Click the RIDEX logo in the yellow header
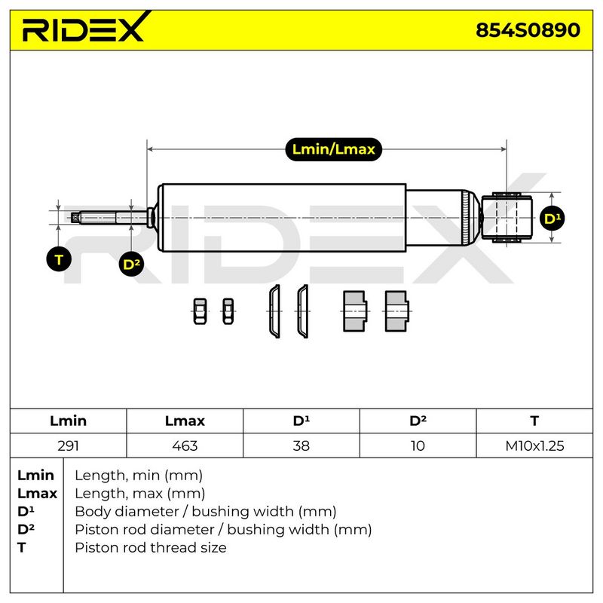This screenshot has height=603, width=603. point(87,27)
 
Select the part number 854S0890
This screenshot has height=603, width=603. point(528,30)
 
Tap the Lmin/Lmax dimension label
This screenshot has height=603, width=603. point(333,149)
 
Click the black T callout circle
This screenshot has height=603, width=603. point(59,259)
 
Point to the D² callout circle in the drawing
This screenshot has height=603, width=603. point(131,264)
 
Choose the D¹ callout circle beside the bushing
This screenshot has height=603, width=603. point(552,218)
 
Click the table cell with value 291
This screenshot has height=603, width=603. point(68,445)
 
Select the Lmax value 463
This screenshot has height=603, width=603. point(185,445)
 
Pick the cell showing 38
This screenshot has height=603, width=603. point(301,445)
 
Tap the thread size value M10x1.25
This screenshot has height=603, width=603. point(534,445)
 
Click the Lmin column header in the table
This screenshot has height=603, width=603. point(68,421)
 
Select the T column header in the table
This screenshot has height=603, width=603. point(534,421)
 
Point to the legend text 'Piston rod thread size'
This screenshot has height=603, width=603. point(150,548)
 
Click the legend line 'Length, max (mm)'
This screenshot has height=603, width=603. point(139,494)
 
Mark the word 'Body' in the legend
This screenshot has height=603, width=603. point(93,512)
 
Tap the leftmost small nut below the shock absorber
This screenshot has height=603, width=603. point(200,311)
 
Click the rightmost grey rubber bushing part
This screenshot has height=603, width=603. point(396,311)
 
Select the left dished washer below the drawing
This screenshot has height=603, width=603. point(274,311)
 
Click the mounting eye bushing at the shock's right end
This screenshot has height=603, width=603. point(507,218)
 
